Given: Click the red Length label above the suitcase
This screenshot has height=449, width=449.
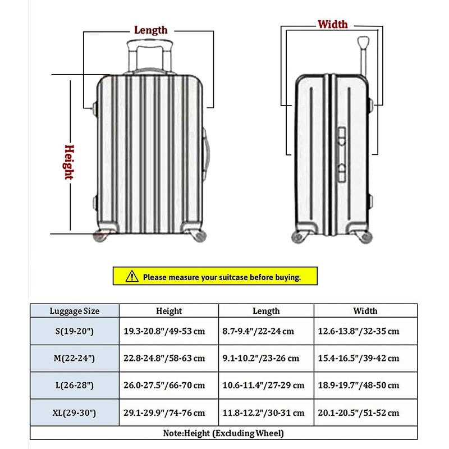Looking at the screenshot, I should pos(150,30).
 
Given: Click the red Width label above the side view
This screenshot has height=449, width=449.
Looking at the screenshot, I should pos(332,24).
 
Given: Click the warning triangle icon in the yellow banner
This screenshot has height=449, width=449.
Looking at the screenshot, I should pos(131,276).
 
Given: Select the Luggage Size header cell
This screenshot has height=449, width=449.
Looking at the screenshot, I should pos(74,310).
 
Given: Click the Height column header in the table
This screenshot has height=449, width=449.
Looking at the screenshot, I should pos(169,311).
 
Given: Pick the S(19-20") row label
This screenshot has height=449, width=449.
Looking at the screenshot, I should pos(74,331).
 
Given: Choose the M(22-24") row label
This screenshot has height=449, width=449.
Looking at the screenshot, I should pos(74,358).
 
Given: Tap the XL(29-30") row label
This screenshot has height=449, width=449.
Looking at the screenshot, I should pos(74,413).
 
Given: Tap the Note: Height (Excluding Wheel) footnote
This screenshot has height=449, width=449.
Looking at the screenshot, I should pos(223,433).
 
